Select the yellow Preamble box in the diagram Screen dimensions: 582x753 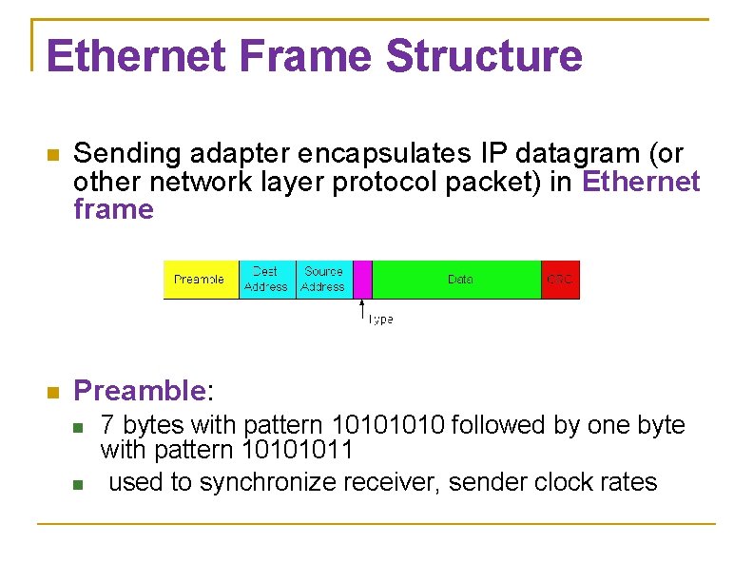[x=200, y=280]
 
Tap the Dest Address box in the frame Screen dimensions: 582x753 [x=266, y=280]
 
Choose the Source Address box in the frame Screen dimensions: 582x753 [x=323, y=280]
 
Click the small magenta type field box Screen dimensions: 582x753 [x=361, y=280]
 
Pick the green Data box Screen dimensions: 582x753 [x=459, y=280]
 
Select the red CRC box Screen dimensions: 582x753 [x=560, y=280]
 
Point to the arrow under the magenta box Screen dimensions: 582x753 [x=361, y=310]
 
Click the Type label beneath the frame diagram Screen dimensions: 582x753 [x=380, y=320]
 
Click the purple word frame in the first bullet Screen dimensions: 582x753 [x=113, y=209]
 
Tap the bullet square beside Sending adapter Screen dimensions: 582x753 [x=52, y=154]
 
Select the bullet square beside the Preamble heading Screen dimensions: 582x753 [x=52, y=392]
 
